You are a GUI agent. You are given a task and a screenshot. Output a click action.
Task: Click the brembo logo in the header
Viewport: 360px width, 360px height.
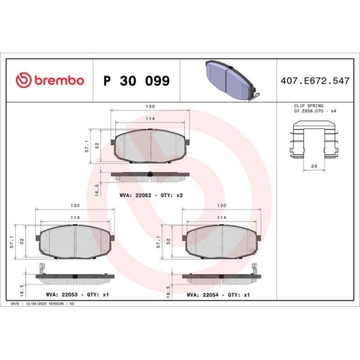coord(50,81)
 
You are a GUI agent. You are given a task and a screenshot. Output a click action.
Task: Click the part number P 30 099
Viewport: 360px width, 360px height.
coord(137,81)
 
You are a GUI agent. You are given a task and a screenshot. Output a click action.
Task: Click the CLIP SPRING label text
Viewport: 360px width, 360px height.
coord(308,106)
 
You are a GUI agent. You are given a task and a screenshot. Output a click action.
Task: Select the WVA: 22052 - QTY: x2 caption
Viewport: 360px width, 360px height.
coord(150,195)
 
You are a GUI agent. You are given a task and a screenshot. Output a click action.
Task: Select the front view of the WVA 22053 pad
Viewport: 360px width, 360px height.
coord(76,241)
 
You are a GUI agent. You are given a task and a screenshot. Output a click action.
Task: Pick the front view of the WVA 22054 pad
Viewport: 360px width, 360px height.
coord(220,241)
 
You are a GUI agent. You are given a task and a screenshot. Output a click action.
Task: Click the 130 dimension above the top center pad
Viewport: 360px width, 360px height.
coord(150,110)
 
